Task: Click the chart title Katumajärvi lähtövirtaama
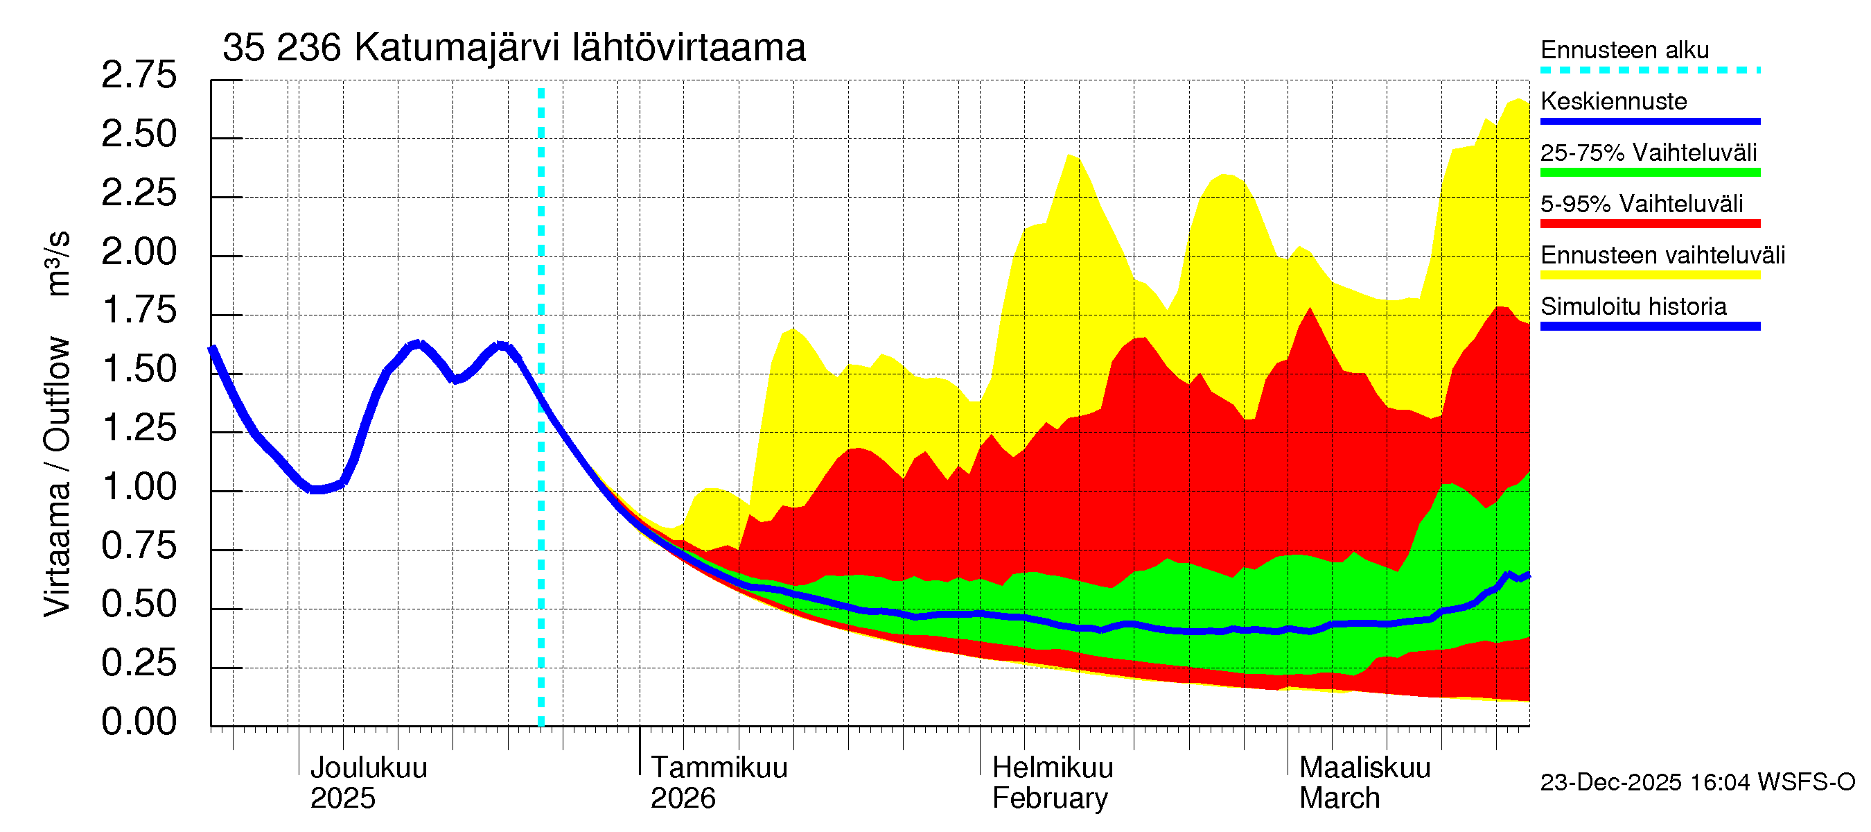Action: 513,48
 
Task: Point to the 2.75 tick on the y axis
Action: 139,76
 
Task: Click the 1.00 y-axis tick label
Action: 139,487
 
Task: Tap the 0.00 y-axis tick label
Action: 139,722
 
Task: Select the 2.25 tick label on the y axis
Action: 139,193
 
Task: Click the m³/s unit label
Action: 58,263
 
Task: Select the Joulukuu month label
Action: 368,768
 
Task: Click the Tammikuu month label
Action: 719,768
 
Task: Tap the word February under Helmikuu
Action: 1050,799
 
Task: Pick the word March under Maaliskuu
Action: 1339,799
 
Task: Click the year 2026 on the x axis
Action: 682,799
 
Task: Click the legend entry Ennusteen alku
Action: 1624,50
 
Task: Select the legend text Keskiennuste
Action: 1613,101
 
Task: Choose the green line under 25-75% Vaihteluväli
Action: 1649,173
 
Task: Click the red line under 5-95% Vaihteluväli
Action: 1649,224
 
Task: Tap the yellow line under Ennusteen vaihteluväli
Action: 1649,275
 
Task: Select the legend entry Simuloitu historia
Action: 1633,306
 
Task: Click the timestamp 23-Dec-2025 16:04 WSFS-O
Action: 1696,783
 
